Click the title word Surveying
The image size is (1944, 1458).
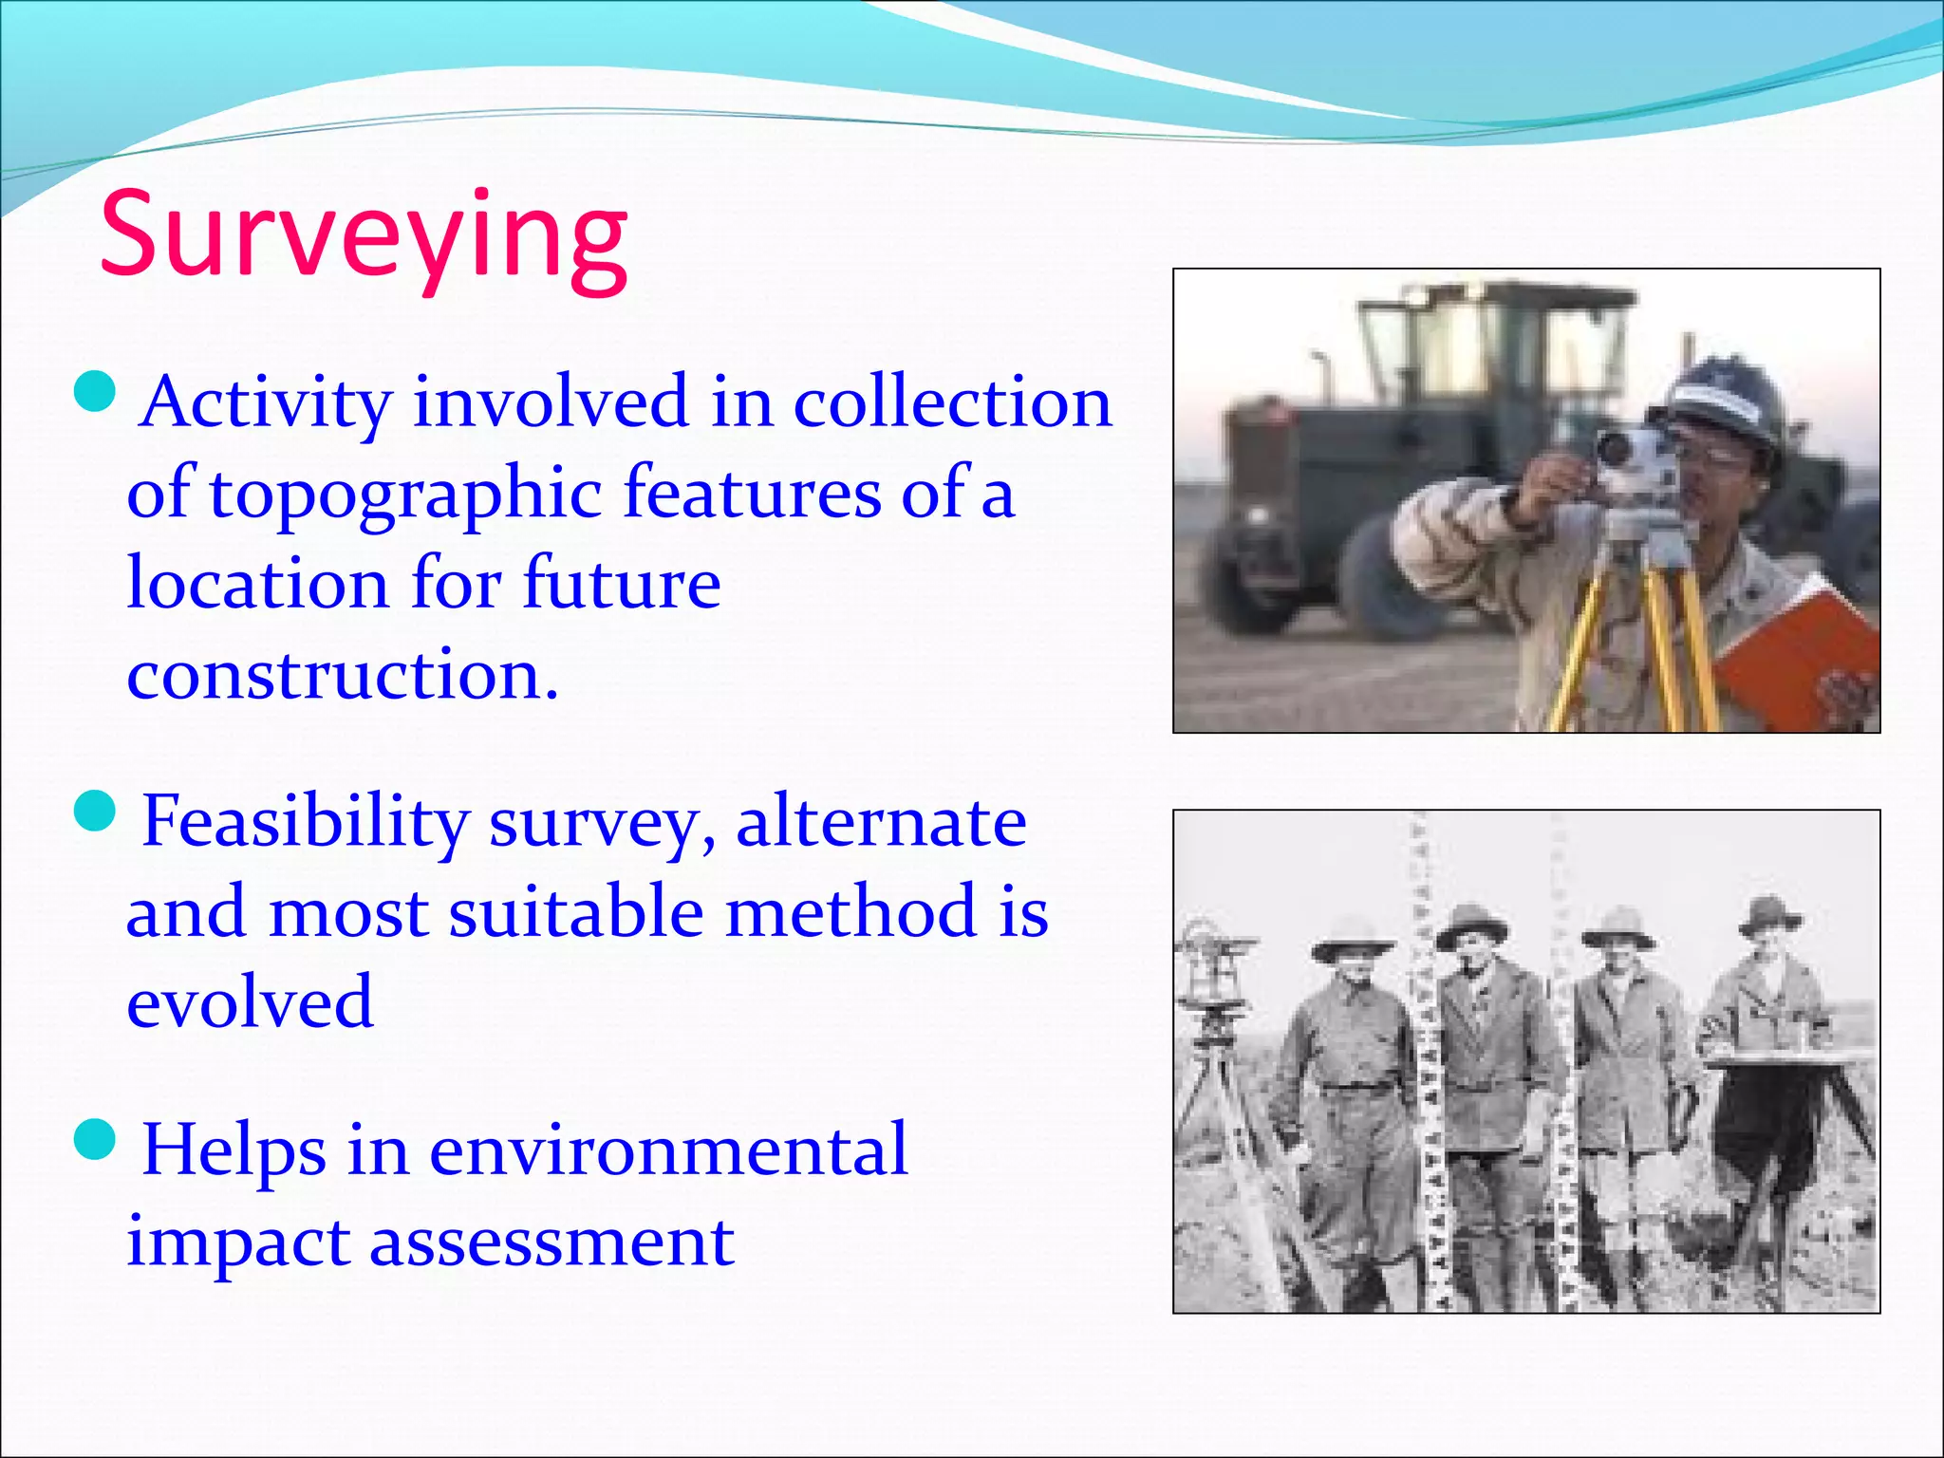pos(364,237)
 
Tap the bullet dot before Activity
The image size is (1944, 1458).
pos(95,391)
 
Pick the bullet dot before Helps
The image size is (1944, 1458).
pos(95,1138)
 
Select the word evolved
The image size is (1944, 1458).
pos(250,1002)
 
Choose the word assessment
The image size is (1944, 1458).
pos(551,1242)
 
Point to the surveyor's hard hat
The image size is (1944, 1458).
pos(1723,399)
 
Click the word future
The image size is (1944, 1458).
pos(622,584)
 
